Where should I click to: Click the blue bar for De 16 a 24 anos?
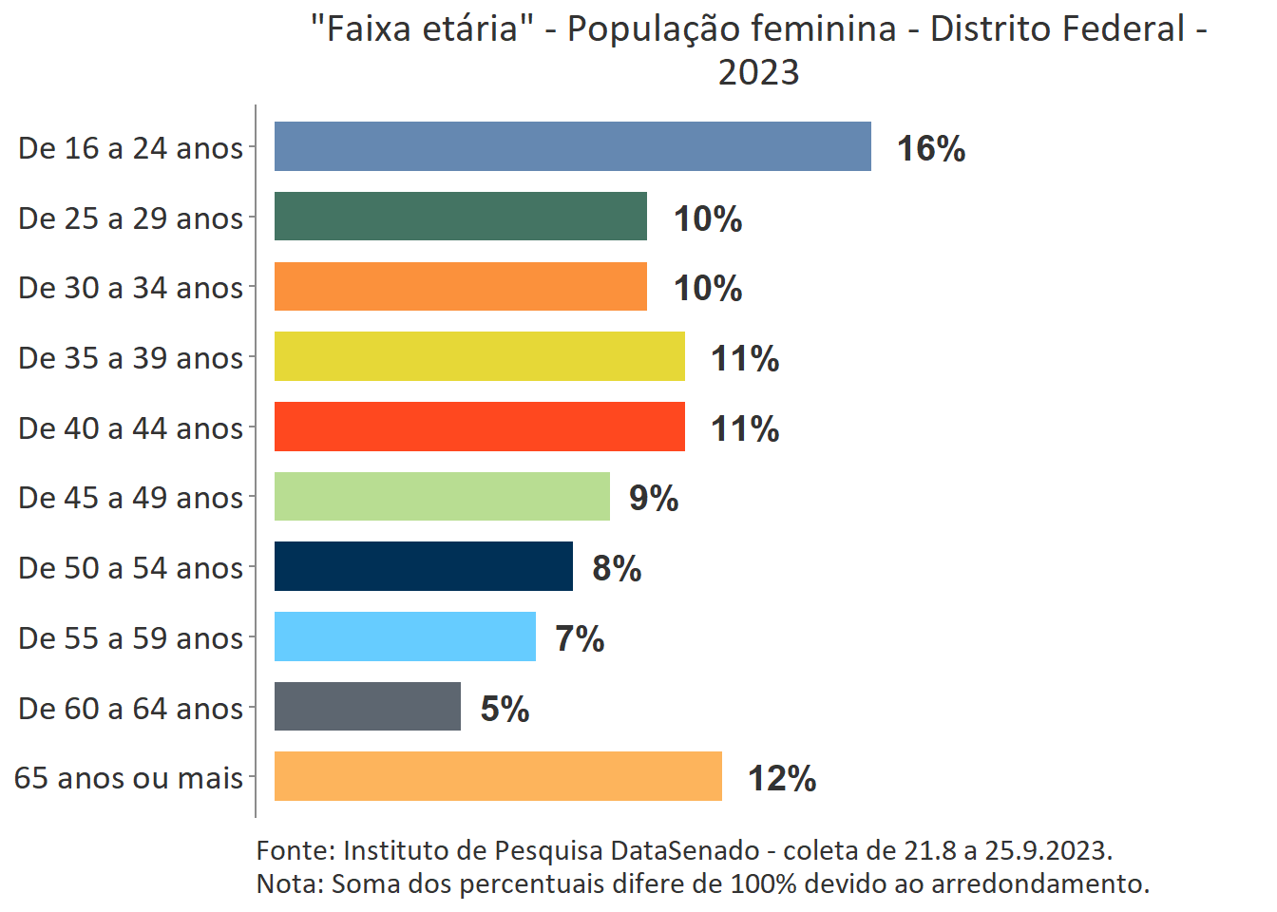tap(572, 146)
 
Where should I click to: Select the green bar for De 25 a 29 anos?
tap(460, 217)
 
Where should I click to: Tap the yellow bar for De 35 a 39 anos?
tap(479, 356)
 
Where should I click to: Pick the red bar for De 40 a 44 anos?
tap(479, 427)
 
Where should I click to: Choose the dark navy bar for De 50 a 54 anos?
tap(423, 566)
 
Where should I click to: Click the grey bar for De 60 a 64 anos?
tap(367, 707)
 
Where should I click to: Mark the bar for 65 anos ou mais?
tap(498, 776)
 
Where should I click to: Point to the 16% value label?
tap(931, 148)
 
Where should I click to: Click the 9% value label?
tap(654, 498)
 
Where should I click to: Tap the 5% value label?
tap(505, 709)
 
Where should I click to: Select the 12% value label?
tap(782, 778)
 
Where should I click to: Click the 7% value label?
tap(580, 638)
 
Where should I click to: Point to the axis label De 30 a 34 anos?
tap(130, 287)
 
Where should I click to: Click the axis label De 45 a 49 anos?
tap(130, 497)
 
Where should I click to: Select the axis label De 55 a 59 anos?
tap(130, 637)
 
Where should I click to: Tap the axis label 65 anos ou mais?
tap(128, 777)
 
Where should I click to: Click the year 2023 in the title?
tap(758, 72)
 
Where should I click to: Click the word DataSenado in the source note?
tap(685, 850)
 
